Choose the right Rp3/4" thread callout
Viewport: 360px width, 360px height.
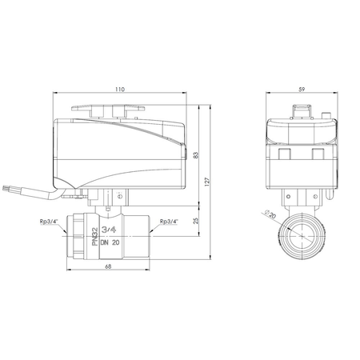(x=169, y=222)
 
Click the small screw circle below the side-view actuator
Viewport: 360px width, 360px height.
(x=121, y=195)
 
